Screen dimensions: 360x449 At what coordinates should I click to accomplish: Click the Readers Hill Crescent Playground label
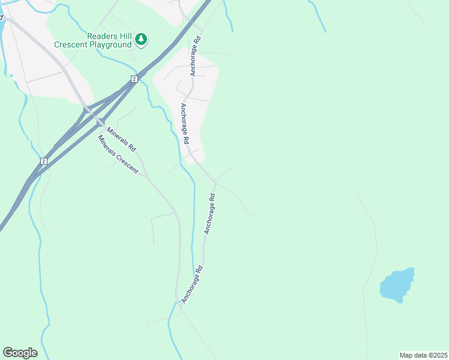[x=93, y=40]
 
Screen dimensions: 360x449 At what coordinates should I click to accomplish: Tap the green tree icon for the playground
[x=141, y=40]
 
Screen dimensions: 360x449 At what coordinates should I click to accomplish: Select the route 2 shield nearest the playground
[x=134, y=79]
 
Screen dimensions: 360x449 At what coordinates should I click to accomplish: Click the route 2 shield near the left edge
[x=43, y=161]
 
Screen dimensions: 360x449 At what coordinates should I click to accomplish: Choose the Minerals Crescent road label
[x=118, y=155]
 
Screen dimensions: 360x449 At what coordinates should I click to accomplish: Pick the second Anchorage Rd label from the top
[x=185, y=123]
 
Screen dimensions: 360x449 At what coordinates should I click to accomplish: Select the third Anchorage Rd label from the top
[x=209, y=213]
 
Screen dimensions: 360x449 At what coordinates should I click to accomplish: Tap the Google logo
[x=20, y=353]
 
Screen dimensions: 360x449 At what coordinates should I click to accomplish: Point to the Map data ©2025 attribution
[x=423, y=355]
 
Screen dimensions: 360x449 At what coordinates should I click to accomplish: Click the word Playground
[x=112, y=44]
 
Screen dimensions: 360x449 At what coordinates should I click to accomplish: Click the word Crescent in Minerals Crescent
[x=128, y=163]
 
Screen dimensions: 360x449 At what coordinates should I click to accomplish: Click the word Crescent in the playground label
[x=72, y=44]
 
